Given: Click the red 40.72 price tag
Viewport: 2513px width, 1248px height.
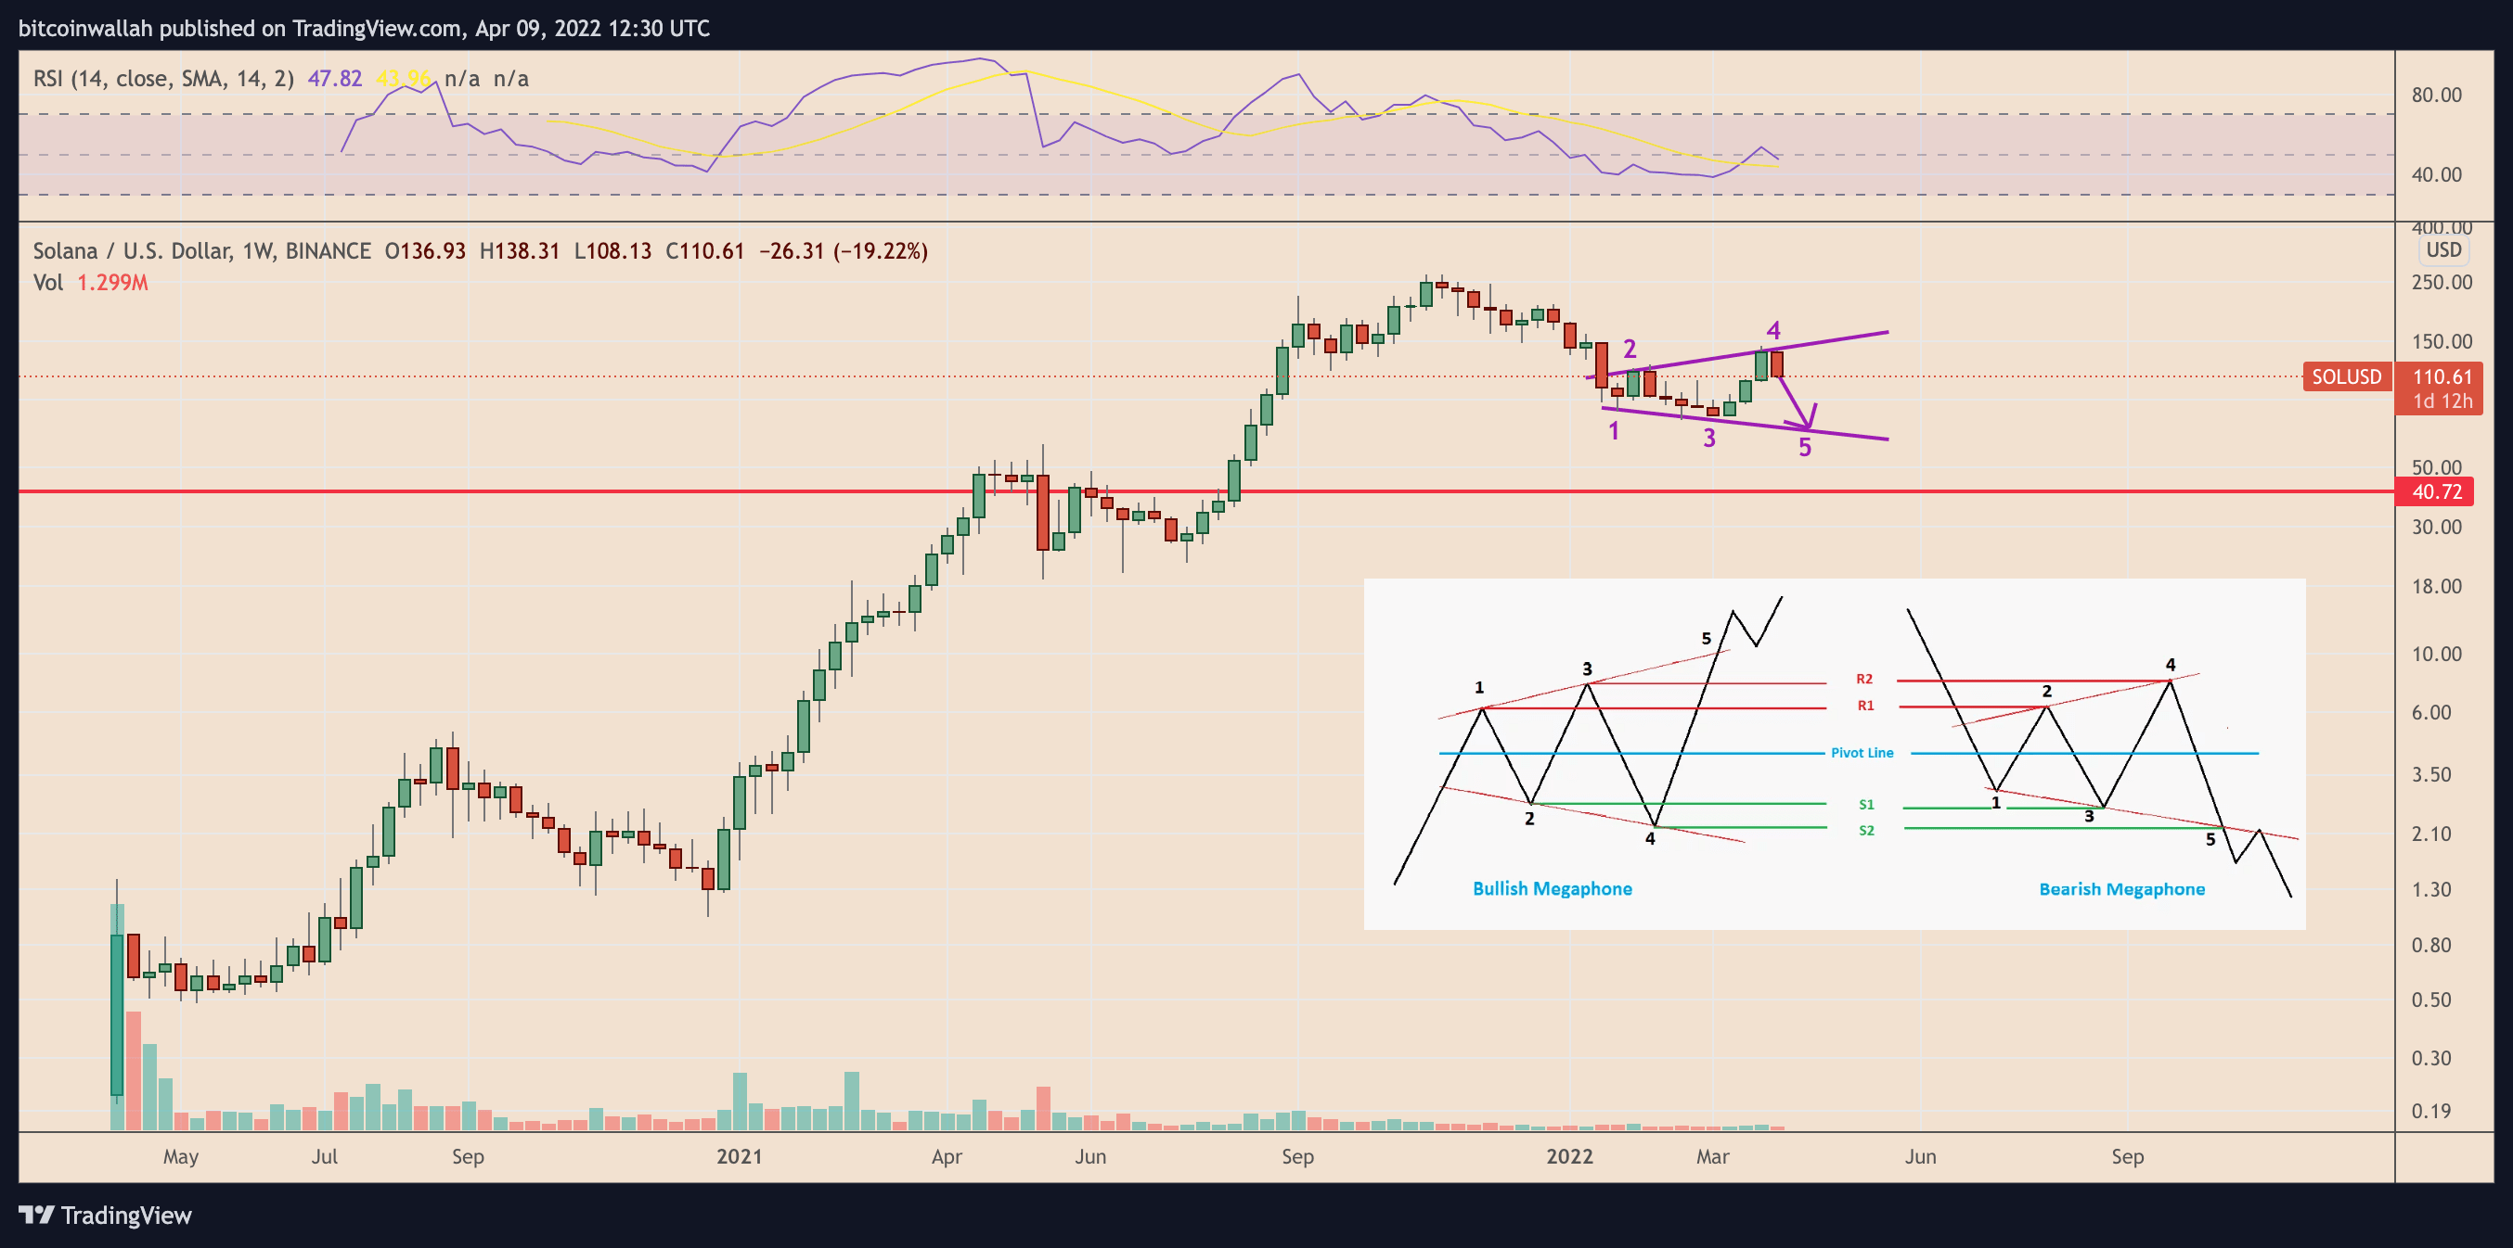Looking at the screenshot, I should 2436,491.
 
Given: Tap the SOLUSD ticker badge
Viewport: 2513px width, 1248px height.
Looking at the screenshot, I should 2346,376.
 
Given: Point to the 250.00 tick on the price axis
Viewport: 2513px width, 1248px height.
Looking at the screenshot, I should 2442,283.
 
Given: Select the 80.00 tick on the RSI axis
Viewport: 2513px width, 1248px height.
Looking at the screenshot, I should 2436,95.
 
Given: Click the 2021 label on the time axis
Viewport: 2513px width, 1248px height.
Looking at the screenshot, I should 740,1156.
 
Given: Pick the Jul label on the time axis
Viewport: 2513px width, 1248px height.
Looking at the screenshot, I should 324,1156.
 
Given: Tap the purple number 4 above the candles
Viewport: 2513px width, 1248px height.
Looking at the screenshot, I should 1773,330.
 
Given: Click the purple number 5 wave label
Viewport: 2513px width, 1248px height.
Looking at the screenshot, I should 1805,448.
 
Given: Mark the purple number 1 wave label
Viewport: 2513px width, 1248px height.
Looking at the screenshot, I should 1614,430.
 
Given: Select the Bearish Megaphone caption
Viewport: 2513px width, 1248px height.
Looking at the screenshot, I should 2121,889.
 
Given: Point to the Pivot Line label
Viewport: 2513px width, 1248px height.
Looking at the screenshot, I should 1862,753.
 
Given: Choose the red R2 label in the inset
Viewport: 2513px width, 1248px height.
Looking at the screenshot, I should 1864,679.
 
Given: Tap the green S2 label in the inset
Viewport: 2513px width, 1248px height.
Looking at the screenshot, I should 1866,831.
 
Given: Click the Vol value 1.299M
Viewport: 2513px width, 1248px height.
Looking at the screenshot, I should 112,283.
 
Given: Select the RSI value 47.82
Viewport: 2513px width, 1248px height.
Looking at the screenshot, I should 335,78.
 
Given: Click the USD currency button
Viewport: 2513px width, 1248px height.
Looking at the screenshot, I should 2443,249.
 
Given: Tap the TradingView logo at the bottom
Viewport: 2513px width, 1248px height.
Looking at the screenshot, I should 106,1215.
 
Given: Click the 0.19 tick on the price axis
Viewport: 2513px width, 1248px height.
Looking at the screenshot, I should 2431,1111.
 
